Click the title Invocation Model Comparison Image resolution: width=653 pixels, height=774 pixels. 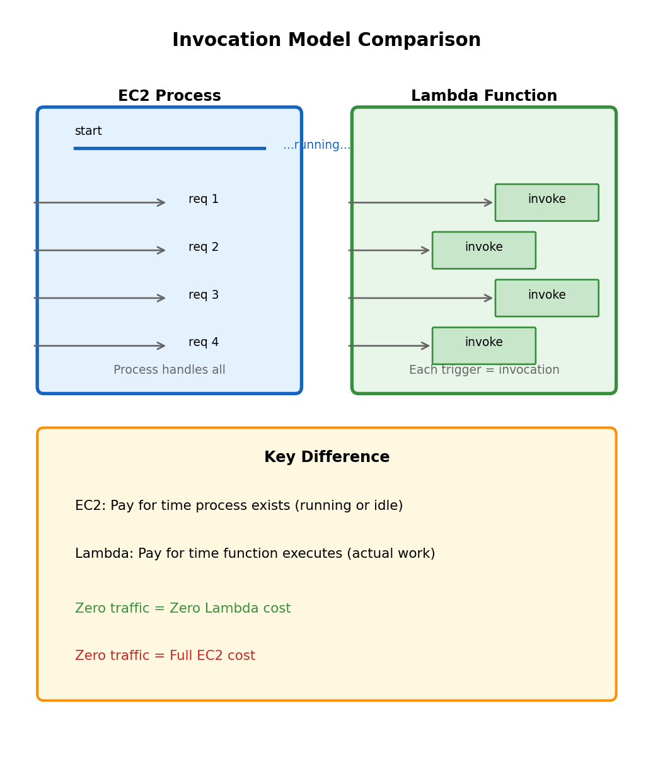pos(326,40)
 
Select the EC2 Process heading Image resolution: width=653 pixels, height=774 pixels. pos(170,96)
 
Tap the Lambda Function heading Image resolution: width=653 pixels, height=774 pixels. pos(484,96)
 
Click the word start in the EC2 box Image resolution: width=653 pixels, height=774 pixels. pos(88,131)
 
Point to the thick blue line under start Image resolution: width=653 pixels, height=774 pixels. pos(170,148)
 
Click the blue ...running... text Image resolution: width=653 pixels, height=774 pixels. pos(316,145)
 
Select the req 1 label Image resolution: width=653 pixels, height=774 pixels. pos(204,199)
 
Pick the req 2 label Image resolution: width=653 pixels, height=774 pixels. pos(204,247)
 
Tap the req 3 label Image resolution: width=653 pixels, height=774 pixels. pos(204,295)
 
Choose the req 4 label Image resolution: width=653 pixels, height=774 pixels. pos(204,342)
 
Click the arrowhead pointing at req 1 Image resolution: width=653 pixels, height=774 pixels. pos(161,202)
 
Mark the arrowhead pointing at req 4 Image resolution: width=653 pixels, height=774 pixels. pos(161,345)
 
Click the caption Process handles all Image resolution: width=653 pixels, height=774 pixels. pos(170,370)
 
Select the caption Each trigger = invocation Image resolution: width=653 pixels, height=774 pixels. pos(484,370)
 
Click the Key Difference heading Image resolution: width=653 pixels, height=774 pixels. pos(326,458)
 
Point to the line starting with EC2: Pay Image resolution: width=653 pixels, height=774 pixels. pos(239,506)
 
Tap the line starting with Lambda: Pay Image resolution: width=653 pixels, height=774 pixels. pos(255,554)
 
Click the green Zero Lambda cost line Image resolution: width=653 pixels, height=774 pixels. pos(183,609)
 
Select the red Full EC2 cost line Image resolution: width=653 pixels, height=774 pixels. pos(165,656)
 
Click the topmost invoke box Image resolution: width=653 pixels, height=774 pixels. pos(546,202)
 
